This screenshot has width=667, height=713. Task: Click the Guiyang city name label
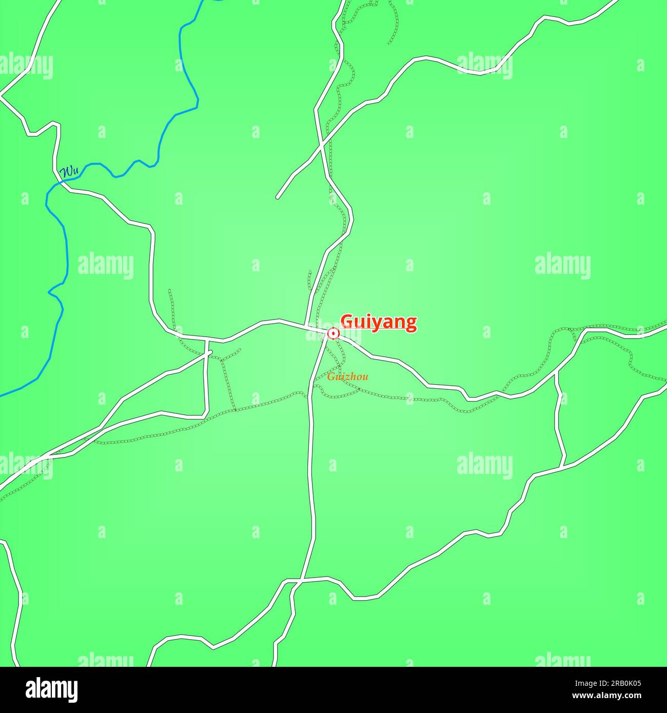379,323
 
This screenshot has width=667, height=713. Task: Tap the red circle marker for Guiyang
333,334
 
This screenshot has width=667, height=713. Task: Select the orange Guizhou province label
348,377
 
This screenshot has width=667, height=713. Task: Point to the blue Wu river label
69,172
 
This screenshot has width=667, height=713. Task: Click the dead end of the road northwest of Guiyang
278,197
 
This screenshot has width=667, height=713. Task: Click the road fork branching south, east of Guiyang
557,373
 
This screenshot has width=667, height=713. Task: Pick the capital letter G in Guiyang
347,322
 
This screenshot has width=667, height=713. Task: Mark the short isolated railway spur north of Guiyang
309,280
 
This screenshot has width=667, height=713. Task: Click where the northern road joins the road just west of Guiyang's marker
307,326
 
